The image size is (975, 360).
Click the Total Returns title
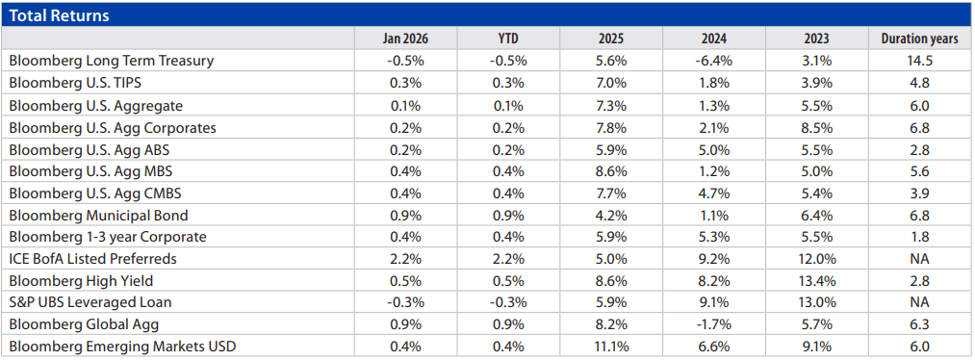[59, 15]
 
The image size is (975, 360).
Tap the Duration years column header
[919, 39]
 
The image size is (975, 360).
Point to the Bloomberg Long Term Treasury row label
[111, 61]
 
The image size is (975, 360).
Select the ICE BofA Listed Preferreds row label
[92, 258]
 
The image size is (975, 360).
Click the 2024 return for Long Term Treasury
[712, 61]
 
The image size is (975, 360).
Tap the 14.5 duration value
[919, 61]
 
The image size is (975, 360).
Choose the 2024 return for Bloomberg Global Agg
[712, 324]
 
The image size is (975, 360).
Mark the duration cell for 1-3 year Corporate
[919, 237]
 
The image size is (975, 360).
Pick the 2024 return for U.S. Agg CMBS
[712, 193]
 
